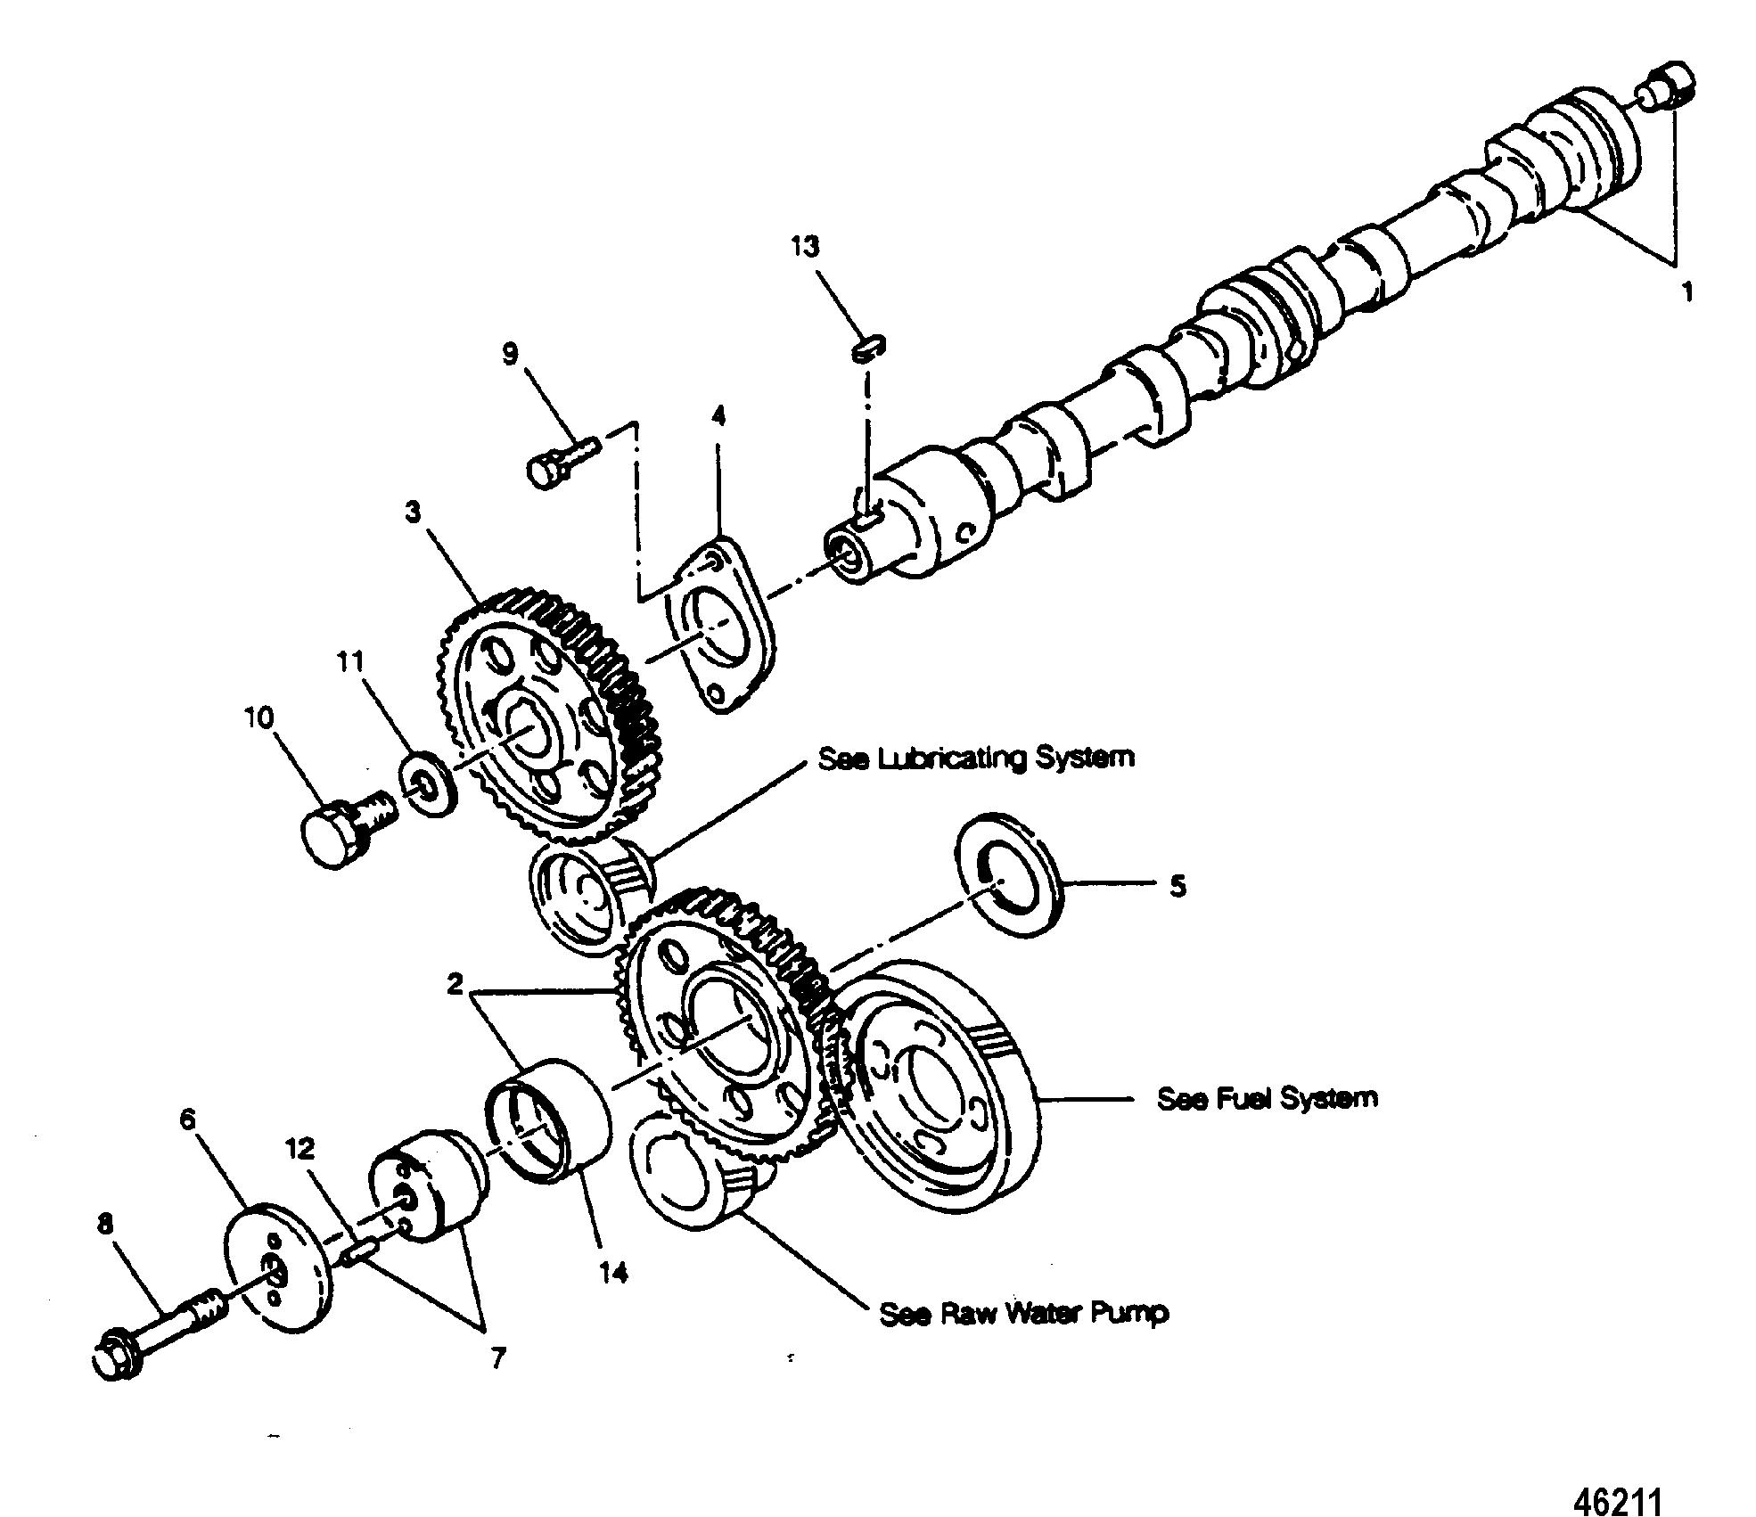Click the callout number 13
tap(804, 247)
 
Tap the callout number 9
tap(509, 355)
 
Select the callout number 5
tap(1178, 887)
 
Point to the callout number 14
tap(613, 1272)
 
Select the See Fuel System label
tap(1267, 1097)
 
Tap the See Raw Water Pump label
tap(1023, 1313)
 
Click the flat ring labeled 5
tap(1006, 887)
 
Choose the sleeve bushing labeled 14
tap(550, 1120)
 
